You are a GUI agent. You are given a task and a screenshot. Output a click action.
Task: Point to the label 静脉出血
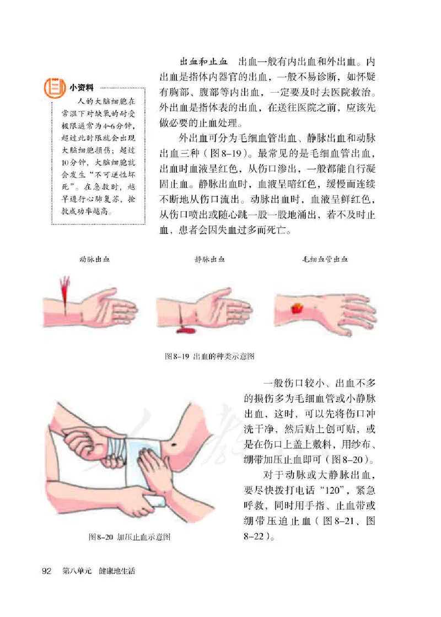tap(210, 258)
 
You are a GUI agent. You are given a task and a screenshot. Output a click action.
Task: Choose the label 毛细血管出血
tap(325, 258)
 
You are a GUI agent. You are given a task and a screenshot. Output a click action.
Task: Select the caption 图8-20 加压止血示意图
tap(130, 536)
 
